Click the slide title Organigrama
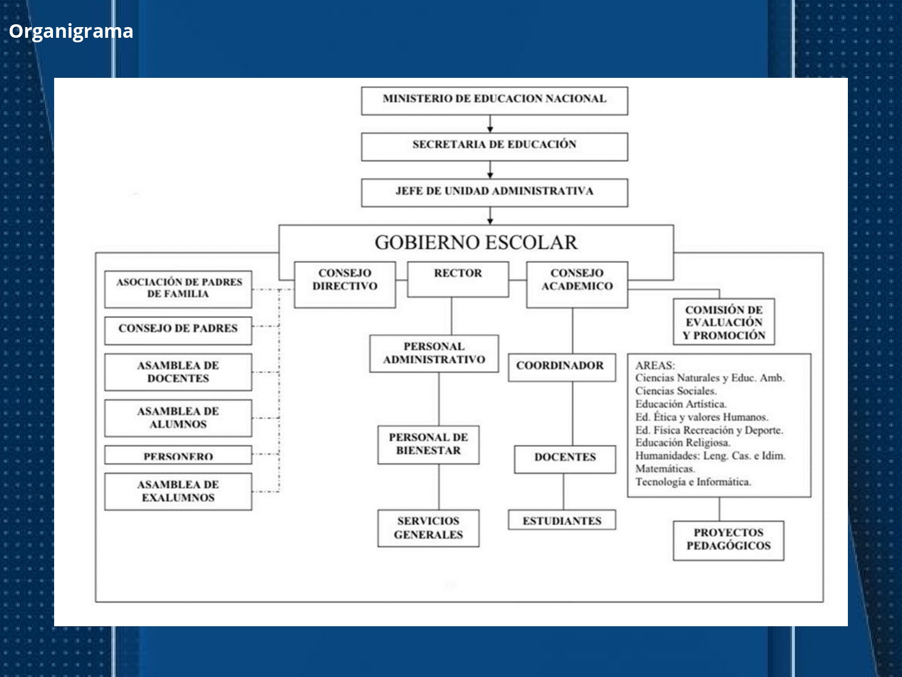click(x=71, y=31)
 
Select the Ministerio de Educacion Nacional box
click(x=494, y=100)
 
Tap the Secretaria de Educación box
click(x=494, y=146)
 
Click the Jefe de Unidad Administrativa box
click(x=494, y=192)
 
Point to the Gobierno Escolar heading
click(x=476, y=243)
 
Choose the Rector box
click(x=458, y=279)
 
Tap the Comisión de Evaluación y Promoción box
click(x=724, y=322)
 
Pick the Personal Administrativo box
click(x=434, y=353)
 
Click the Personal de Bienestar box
click(x=428, y=444)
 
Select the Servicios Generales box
click(x=428, y=527)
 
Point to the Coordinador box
click(x=561, y=367)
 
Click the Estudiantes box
click(x=561, y=520)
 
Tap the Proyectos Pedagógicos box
click(x=728, y=540)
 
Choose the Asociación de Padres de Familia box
click(x=178, y=288)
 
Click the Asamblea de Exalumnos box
click(x=178, y=491)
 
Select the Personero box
click(x=178, y=455)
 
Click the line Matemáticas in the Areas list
click(x=665, y=469)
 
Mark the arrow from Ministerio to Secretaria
click(x=490, y=124)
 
